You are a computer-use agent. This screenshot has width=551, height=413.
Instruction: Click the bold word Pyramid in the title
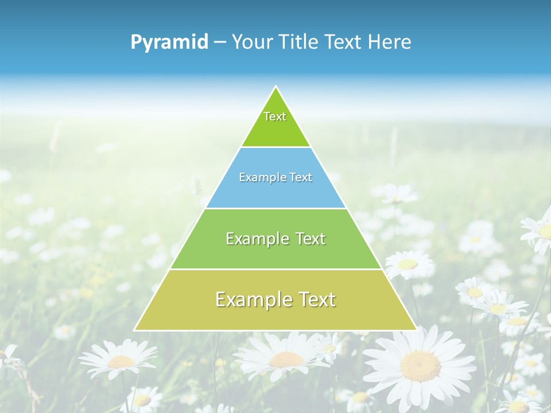(169, 42)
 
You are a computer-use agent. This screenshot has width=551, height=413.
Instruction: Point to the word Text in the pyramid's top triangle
(275, 116)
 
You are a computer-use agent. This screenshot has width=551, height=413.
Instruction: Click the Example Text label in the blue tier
(275, 177)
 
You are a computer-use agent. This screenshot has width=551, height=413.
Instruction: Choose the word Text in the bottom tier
(316, 299)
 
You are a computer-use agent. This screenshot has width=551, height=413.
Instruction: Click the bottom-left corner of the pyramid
(134, 330)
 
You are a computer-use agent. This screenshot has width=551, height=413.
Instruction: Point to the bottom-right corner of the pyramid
(417, 330)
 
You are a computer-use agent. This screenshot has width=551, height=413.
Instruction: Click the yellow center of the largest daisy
(421, 365)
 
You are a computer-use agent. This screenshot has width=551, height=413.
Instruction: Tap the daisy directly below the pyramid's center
(286, 360)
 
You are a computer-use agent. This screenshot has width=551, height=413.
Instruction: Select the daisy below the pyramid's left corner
(121, 361)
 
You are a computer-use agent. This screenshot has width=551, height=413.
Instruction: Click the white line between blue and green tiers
(275, 208)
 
